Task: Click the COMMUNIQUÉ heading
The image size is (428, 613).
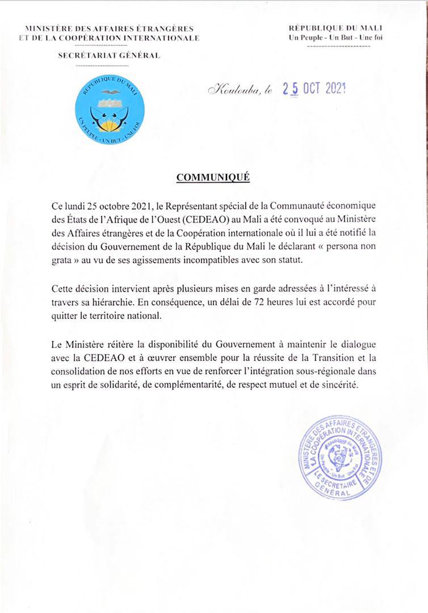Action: click(x=213, y=177)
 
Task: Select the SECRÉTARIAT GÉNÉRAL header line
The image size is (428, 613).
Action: click(x=109, y=55)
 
